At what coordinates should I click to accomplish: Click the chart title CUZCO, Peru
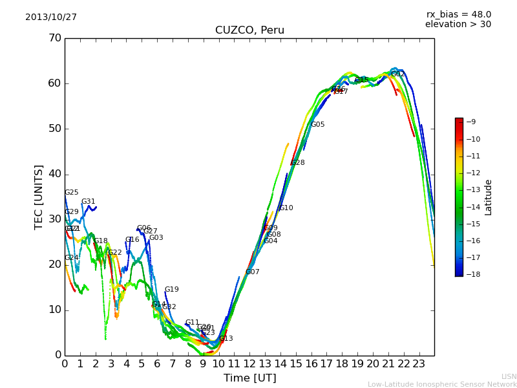point(249,30)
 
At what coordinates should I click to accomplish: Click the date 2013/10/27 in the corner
point(51,17)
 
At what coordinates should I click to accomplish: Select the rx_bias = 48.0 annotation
point(458,15)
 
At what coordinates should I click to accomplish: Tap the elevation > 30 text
point(458,25)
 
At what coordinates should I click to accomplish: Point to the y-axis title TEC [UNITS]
point(39,197)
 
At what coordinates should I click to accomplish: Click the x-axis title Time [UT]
point(249,378)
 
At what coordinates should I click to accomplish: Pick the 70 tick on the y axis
point(55,38)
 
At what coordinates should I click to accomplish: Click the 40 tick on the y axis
point(55,174)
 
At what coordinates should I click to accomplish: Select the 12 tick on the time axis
point(249,363)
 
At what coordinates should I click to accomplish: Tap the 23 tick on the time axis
point(419,363)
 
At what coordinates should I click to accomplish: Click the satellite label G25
point(72,193)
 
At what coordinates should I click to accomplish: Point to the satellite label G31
point(89,202)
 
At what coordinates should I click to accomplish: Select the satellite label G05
point(318,125)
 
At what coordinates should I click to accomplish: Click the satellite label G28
point(298,163)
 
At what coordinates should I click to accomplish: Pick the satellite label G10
point(286,208)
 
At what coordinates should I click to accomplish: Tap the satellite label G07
point(253,272)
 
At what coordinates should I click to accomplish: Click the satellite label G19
point(172,290)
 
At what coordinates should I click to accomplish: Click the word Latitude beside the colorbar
point(489,197)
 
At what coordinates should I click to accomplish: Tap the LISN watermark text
point(509,376)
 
